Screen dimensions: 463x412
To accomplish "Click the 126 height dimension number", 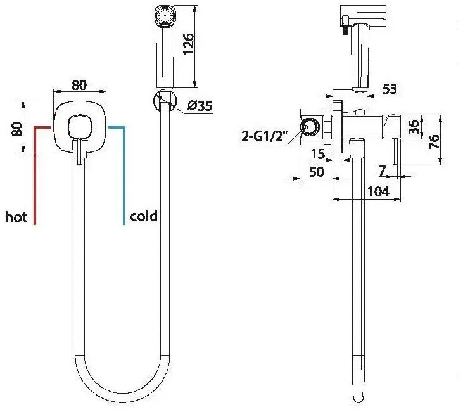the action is (188, 43).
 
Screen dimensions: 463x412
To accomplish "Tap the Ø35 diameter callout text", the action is (200, 105).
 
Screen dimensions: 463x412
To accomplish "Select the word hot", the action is (16, 217).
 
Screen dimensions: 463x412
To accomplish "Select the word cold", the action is (144, 216).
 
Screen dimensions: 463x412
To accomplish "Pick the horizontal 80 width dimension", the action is (79, 85).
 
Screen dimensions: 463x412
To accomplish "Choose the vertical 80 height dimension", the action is (17, 129).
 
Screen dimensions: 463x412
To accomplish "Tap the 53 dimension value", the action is (390, 89).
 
